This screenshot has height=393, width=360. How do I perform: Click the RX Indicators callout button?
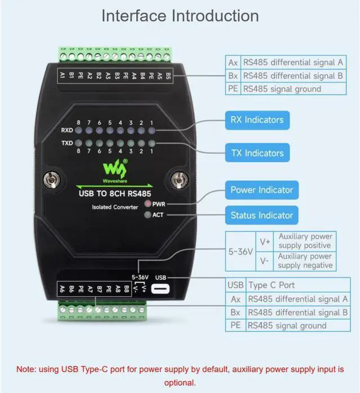point(256,120)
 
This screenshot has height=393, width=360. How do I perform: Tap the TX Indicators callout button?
point(256,153)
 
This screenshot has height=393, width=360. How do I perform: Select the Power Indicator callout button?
point(262,190)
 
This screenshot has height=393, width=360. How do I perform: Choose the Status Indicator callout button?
point(262,215)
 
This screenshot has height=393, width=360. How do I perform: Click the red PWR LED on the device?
point(148,203)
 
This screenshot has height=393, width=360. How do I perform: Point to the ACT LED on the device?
point(148,215)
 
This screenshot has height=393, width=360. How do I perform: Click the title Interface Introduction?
point(180,15)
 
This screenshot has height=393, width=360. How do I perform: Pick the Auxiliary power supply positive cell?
point(305,241)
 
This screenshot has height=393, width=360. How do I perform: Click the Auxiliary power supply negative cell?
point(305,261)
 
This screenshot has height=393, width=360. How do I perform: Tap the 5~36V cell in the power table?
point(241,251)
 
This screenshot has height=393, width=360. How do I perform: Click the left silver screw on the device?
point(52,180)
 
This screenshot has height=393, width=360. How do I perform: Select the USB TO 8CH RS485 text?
point(114,194)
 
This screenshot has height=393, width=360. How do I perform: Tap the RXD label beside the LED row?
point(67,131)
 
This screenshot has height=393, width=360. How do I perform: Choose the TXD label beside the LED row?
point(67,143)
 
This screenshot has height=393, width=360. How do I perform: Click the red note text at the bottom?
point(180,376)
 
